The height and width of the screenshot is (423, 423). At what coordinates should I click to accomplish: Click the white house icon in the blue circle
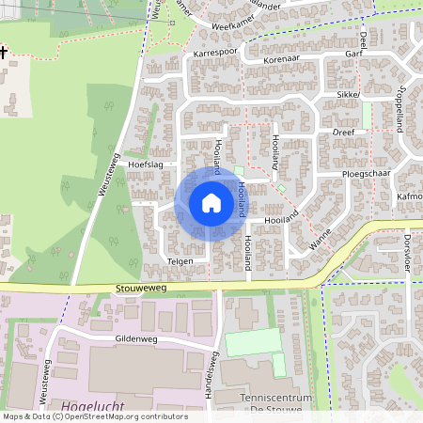(211, 203)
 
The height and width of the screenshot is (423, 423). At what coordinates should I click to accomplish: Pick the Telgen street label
(180, 260)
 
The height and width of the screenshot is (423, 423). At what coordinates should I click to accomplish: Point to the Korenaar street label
(283, 58)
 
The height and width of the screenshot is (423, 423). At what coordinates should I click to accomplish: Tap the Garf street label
(353, 55)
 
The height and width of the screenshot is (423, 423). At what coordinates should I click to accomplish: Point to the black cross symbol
(4, 53)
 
